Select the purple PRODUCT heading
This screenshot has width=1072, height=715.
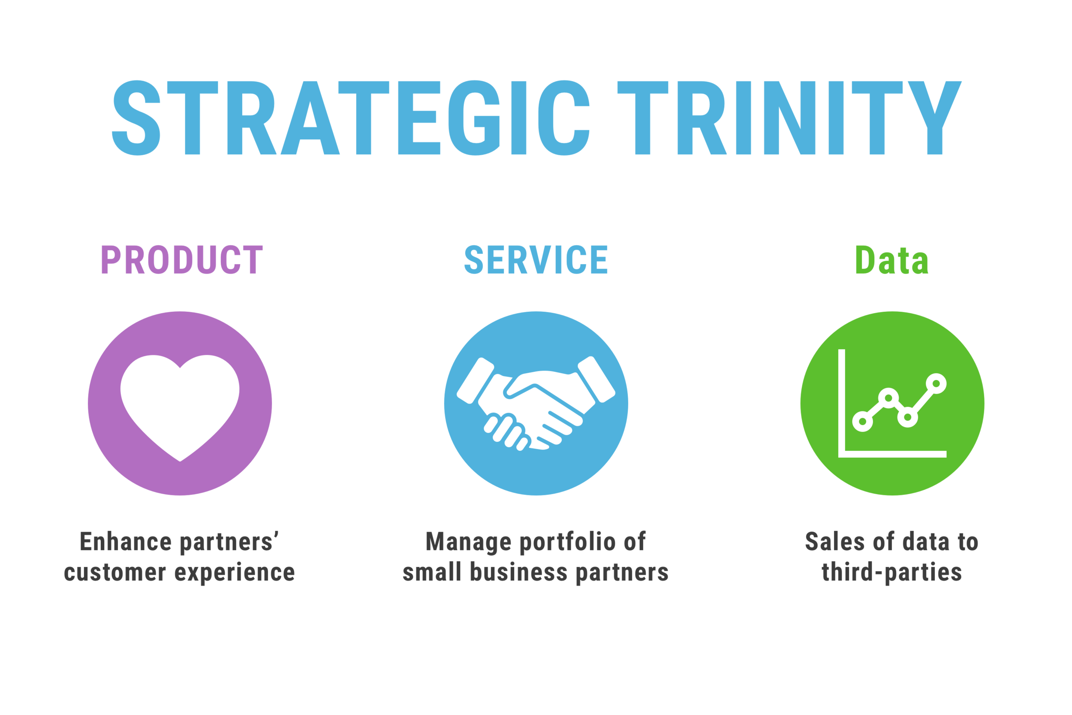click(x=176, y=260)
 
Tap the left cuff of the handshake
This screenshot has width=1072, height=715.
click(x=476, y=381)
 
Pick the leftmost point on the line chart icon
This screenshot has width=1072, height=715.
click(x=862, y=421)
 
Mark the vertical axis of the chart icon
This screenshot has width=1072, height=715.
click(x=842, y=401)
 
